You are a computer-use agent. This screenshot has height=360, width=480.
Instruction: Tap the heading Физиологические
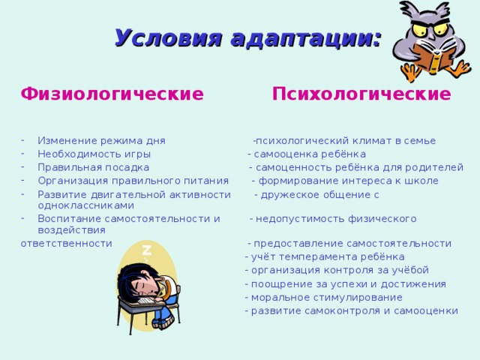(112, 94)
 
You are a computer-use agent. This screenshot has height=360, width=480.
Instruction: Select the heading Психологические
(361, 94)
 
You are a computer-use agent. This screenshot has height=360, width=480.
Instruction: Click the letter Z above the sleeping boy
(147, 250)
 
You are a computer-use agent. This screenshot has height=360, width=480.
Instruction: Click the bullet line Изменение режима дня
(101, 140)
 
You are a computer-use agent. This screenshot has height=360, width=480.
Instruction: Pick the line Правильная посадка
(93, 167)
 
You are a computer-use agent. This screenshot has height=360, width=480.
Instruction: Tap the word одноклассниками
(85, 205)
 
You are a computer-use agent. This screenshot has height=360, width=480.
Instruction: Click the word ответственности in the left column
(67, 243)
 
